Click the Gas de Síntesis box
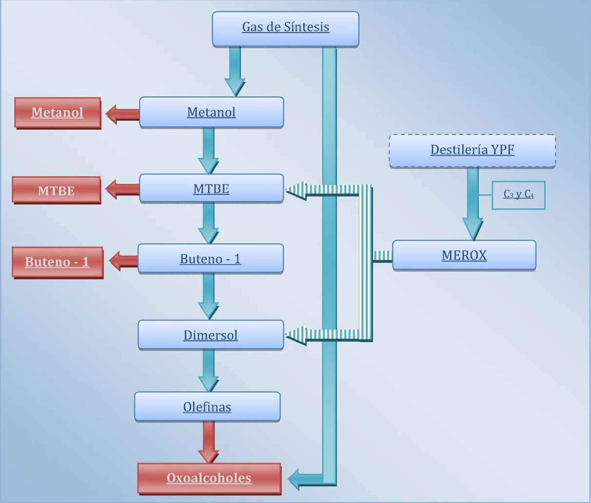click(x=285, y=29)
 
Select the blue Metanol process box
click(x=211, y=112)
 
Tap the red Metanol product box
click(x=58, y=113)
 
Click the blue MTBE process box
click(x=211, y=188)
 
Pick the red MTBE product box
click(x=57, y=190)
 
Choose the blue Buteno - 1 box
click(x=210, y=259)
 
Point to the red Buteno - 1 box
click(x=58, y=262)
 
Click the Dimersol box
click(x=211, y=335)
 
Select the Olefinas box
click(x=207, y=407)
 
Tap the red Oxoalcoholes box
click(x=209, y=478)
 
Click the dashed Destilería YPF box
click(x=472, y=150)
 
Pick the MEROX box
click(x=464, y=255)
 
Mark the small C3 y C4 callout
click(x=518, y=195)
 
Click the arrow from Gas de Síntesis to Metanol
click(x=235, y=71)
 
